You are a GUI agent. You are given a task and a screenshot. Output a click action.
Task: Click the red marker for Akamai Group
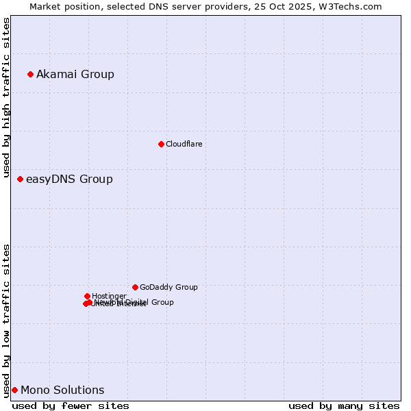pyautogui.click(x=30, y=74)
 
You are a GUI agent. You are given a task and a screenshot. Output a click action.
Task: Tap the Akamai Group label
pyautogui.click(x=75, y=74)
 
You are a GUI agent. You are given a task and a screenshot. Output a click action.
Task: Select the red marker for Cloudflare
pyautogui.click(x=161, y=144)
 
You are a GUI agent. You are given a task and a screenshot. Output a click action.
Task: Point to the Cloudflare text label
pyautogui.click(x=184, y=144)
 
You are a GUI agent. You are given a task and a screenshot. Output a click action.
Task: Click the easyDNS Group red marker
pyautogui.click(x=20, y=179)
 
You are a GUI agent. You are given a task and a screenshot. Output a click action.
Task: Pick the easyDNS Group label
pyautogui.click(x=69, y=179)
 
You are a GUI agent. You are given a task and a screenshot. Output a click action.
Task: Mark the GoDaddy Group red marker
pyautogui.click(x=135, y=287)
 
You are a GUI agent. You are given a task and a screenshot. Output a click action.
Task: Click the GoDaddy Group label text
pyautogui.click(x=169, y=287)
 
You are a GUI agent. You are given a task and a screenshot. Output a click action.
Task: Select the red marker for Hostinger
pyautogui.click(x=87, y=296)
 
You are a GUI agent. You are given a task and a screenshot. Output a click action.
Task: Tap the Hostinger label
pyautogui.click(x=109, y=296)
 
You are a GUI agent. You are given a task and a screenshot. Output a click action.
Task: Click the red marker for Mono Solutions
pyautogui.click(x=14, y=390)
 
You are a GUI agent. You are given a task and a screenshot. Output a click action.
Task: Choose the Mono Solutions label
pyautogui.click(x=62, y=390)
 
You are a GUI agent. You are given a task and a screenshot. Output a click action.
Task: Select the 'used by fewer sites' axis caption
pyautogui.click(x=71, y=406)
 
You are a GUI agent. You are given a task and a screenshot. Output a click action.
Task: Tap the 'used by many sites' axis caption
pyautogui.click(x=344, y=406)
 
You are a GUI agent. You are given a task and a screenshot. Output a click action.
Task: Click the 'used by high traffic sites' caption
pyautogui.click(x=7, y=99)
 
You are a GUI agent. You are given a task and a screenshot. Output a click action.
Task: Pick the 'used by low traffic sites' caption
pyautogui.click(x=7, y=320)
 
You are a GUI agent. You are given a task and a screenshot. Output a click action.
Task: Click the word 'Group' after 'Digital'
pyautogui.click(x=161, y=302)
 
